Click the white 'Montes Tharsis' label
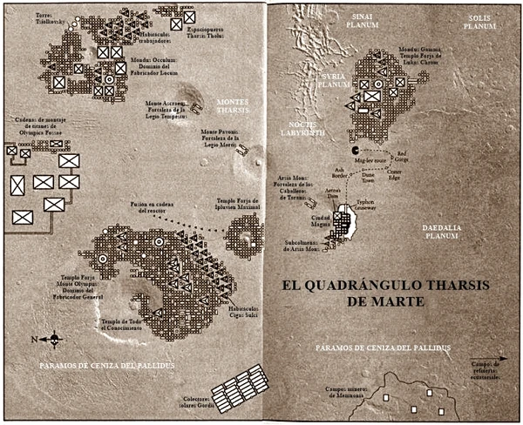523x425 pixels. click(x=234, y=107)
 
